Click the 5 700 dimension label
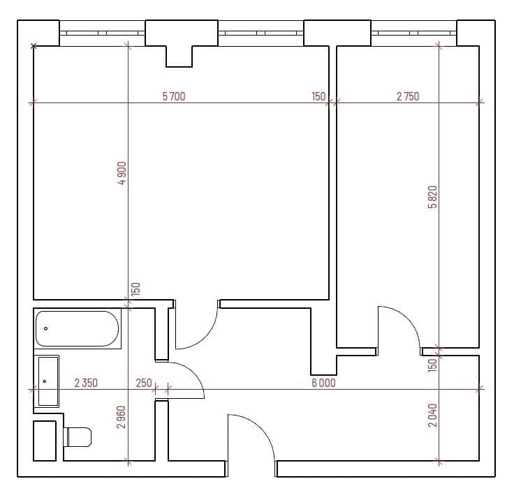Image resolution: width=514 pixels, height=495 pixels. pyautogui.click(x=174, y=97)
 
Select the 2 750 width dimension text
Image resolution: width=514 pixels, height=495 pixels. pyautogui.click(x=408, y=97)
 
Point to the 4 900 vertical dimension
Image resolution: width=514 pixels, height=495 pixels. pyautogui.click(x=122, y=173)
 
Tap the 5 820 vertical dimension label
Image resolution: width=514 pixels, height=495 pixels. pyautogui.click(x=432, y=197)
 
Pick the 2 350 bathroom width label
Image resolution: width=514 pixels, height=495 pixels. pyautogui.click(x=86, y=383)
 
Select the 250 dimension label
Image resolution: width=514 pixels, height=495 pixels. pyautogui.click(x=143, y=383)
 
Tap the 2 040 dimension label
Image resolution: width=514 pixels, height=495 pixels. pyautogui.click(x=432, y=417)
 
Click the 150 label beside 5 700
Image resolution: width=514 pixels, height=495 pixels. pyautogui.click(x=318, y=97)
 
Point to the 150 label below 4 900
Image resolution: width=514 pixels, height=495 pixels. pyautogui.click(x=136, y=289)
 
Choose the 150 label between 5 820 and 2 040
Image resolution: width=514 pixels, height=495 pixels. pyautogui.click(x=432, y=363)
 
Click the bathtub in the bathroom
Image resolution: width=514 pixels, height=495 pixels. pyautogui.click(x=78, y=329)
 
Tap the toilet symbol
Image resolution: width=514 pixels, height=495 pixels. pyautogui.click(x=78, y=437)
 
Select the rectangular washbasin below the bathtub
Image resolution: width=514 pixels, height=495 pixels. pyautogui.click(x=47, y=381)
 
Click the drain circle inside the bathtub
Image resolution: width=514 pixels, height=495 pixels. pyautogui.click(x=46, y=328)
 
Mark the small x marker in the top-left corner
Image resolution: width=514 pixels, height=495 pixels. pyautogui.click(x=33, y=46)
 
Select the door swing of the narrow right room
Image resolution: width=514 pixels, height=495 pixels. pyautogui.click(x=398, y=326)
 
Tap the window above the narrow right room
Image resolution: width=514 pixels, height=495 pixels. pyautogui.click(x=413, y=32)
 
